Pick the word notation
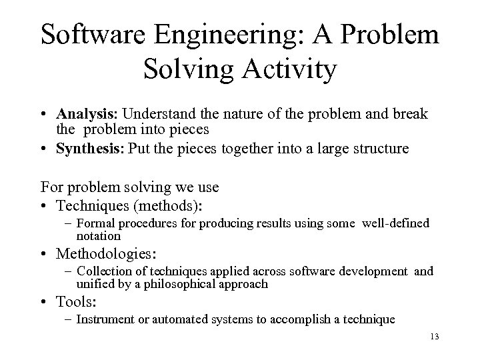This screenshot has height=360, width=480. [99, 235]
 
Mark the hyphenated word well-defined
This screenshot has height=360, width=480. [396, 224]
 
